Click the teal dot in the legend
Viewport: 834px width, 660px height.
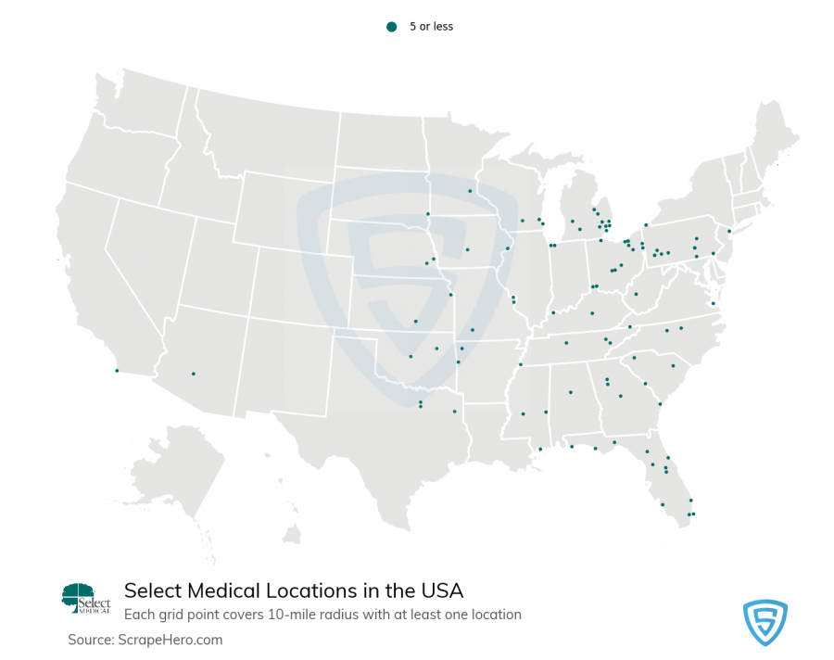point(391,27)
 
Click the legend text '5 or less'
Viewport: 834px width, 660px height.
point(431,27)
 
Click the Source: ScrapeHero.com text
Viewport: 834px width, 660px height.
point(145,640)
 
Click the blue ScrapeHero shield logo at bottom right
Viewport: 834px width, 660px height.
point(764,622)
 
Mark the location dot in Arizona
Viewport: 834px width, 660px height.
point(193,374)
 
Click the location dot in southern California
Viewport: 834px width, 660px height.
point(117,371)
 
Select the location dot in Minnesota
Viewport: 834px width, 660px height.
point(470,191)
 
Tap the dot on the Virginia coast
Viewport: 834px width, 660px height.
point(713,303)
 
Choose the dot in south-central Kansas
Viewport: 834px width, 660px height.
point(415,322)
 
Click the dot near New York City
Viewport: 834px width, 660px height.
point(729,231)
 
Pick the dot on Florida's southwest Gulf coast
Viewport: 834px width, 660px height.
point(662,504)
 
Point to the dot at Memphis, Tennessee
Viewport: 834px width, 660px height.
point(520,363)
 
